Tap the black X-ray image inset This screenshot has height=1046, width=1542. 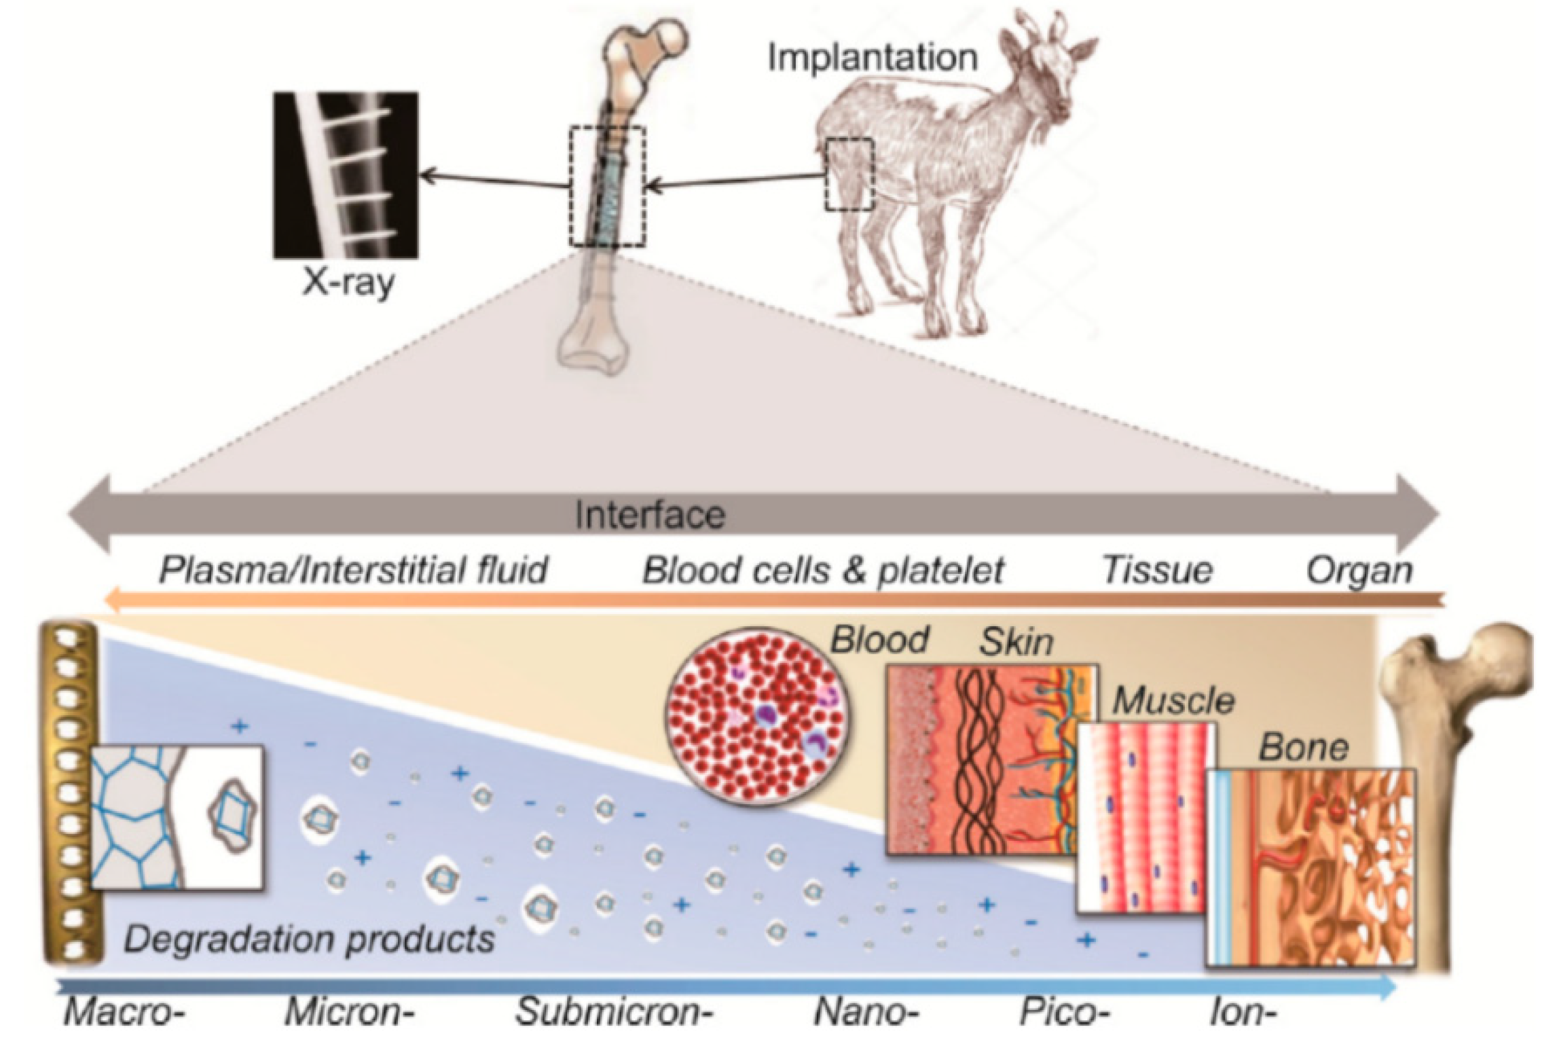click(x=345, y=175)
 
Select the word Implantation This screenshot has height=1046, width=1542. click(x=873, y=58)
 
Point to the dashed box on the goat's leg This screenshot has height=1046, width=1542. click(x=849, y=174)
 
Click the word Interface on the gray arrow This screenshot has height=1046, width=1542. click(x=650, y=514)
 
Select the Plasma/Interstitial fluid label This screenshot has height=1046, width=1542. click(x=353, y=570)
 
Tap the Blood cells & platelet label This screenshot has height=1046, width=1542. click(x=823, y=570)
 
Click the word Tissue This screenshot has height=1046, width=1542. click(x=1157, y=570)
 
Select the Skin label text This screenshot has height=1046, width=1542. click(x=1016, y=642)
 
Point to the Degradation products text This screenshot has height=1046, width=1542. click(x=309, y=940)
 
